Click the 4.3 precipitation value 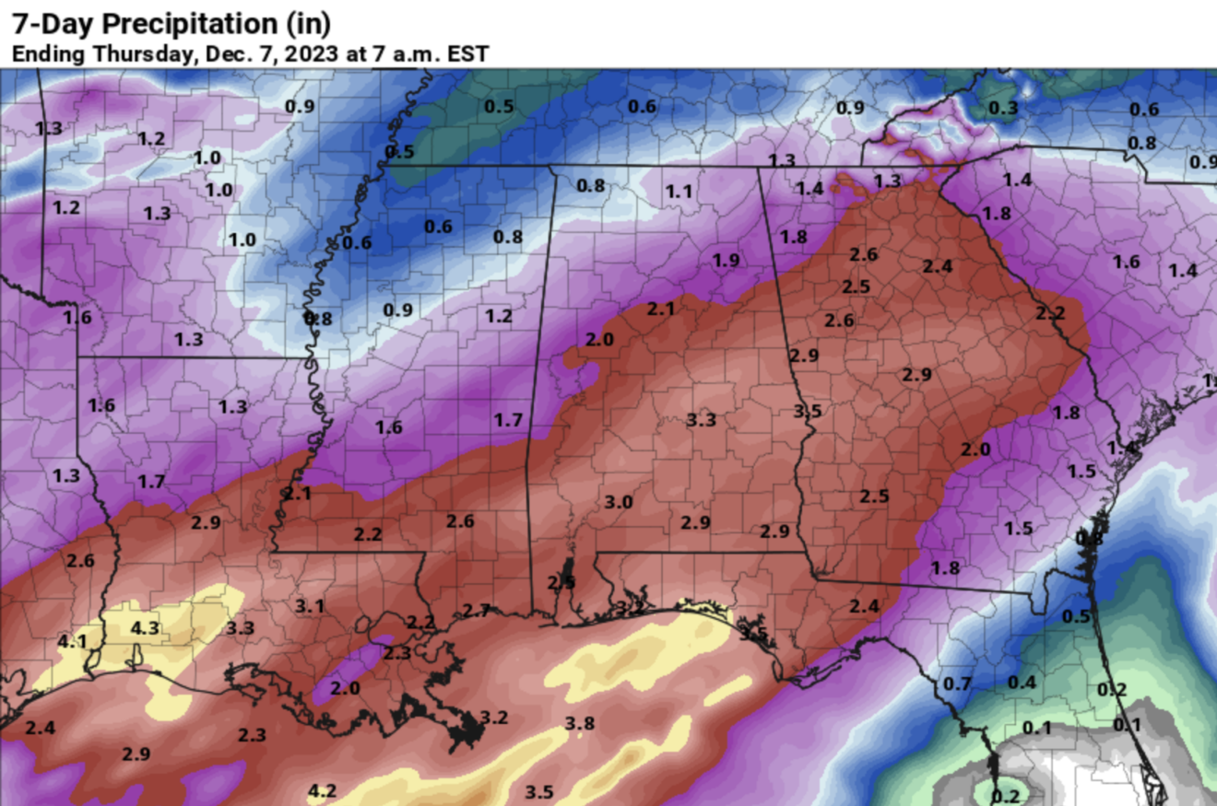point(146,628)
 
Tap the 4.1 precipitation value point(72,641)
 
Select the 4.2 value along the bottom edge point(322,790)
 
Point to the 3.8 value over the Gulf point(579,723)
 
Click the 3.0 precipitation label point(619,502)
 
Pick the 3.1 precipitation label point(310,606)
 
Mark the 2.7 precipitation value point(477,610)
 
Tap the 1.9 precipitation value point(726,261)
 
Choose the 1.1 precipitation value point(679,192)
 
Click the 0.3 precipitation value point(1003,109)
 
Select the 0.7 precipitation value point(958,684)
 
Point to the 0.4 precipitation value point(1022,683)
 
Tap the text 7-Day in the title point(41,22)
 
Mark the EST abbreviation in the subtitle point(467,53)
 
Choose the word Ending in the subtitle point(42,53)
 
